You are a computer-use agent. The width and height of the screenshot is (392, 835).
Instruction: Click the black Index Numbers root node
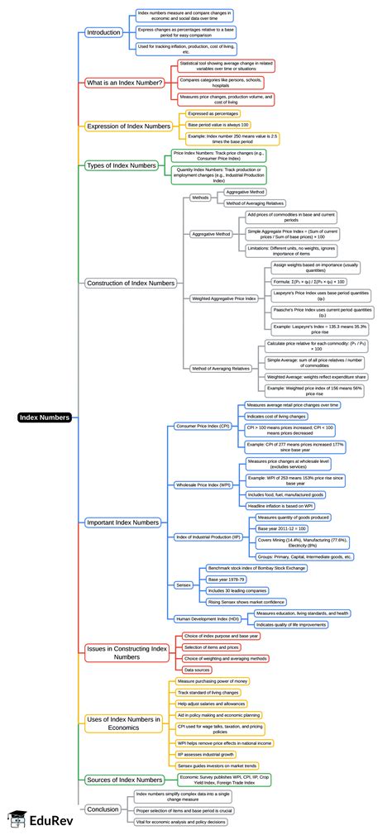[x=45, y=417]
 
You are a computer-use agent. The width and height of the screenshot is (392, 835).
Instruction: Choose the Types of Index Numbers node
[x=122, y=165]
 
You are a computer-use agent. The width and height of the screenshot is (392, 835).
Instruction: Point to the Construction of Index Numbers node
[x=131, y=283]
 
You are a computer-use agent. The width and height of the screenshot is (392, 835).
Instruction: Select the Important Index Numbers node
[x=122, y=522]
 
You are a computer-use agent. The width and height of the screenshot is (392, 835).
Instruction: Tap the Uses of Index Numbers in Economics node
[x=123, y=723]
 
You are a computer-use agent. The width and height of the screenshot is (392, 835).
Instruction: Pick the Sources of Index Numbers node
[x=124, y=780]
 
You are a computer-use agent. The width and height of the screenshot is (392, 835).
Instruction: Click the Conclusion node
[x=103, y=809]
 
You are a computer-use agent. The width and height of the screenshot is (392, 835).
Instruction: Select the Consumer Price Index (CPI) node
[x=203, y=426]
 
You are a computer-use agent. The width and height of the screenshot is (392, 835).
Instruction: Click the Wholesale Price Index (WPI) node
[x=203, y=484]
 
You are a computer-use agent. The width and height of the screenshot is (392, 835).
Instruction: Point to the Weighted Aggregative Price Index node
[x=222, y=298]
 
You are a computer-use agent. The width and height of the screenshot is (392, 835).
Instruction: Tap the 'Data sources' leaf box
[x=196, y=669]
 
